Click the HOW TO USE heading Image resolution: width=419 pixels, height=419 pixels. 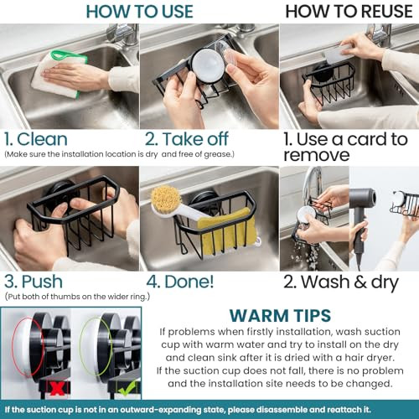pyautogui.click(x=139, y=12)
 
